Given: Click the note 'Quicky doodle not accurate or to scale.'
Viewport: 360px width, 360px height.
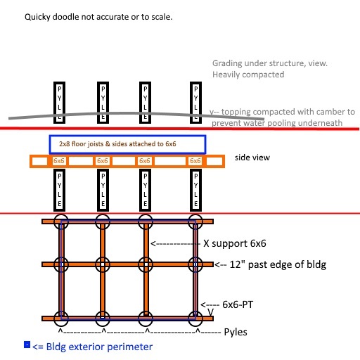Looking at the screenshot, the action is pyautogui.click(x=98, y=17).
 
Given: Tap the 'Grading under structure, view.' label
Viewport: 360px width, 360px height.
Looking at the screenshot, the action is pyautogui.click(x=270, y=63).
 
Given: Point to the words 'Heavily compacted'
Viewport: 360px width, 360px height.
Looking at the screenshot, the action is pyautogui.click(x=248, y=75).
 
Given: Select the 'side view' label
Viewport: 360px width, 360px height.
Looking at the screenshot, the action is pyautogui.click(x=252, y=157).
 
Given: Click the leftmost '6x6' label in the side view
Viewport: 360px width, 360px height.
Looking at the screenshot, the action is pyautogui.click(x=58, y=161).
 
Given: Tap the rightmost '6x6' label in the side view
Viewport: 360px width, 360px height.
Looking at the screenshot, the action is pyautogui.click(x=195, y=161).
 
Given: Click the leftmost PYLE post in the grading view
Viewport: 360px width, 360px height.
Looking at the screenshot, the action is pyautogui.click(x=59, y=103).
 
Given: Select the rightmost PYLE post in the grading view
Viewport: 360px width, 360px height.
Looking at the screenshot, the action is pyautogui.click(x=195, y=103).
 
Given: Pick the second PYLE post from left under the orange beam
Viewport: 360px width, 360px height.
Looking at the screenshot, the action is pyautogui.click(x=103, y=190).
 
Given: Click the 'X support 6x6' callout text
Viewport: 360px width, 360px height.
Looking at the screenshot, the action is pyautogui.click(x=235, y=243).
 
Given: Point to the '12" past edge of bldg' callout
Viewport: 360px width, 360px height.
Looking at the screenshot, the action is pyautogui.click(x=278, y=264).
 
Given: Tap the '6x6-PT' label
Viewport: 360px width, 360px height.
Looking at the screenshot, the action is pyautogui.click(x=238, y=304).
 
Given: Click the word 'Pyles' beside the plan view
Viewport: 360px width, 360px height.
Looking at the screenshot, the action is pyautogui.click(x=236, y=332).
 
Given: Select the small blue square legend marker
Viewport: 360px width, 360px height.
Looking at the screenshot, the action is pyautogui.click(x=27, y=345).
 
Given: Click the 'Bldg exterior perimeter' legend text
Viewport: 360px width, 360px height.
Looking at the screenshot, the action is pyautogui.click(x=99, y=347).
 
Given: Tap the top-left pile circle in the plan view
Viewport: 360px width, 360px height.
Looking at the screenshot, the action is pyautogui.click(x=54, y=221).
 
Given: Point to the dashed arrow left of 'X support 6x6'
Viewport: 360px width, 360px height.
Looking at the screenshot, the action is pyautogui.click(x=175, y=244).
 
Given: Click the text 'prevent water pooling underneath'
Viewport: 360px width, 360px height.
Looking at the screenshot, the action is pyautogui.click(x=277, y=123).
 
